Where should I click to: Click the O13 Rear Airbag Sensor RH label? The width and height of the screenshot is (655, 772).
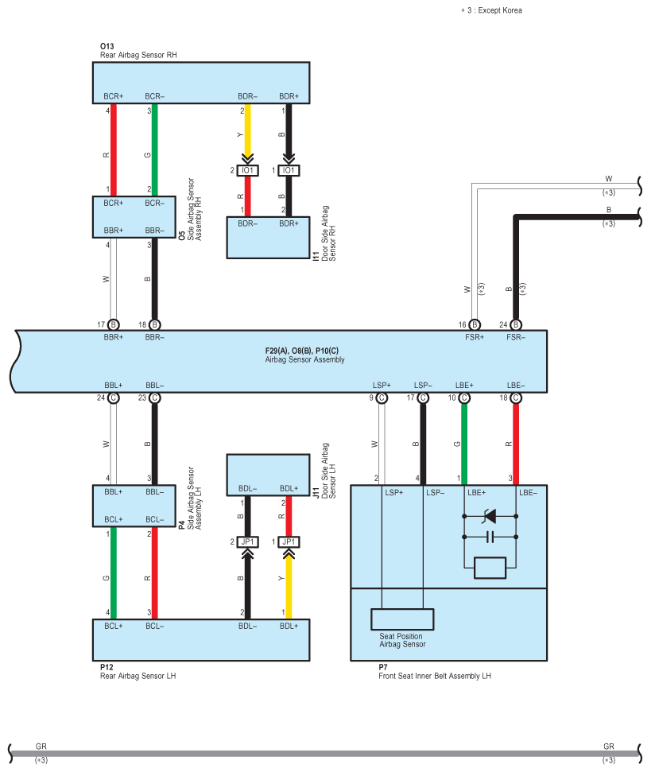138,51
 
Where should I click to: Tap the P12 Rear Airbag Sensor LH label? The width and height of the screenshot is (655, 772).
138,672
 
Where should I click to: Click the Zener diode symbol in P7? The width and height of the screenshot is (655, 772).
490,516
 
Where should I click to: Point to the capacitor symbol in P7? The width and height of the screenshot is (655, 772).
490,537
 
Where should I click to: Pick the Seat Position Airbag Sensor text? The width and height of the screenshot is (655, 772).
402,640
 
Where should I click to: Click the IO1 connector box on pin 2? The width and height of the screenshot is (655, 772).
247,170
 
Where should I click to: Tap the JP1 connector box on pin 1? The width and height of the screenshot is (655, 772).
289,541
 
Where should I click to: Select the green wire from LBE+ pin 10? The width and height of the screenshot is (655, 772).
464,444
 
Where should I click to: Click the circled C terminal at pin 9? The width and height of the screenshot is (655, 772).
382,398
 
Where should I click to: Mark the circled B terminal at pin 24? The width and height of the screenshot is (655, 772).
516,325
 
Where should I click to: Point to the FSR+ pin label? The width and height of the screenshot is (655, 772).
475,337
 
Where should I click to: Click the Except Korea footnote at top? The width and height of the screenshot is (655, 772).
491,10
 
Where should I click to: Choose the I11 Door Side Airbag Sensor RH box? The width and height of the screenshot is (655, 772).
268,238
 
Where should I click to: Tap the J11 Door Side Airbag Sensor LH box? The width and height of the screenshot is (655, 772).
268,475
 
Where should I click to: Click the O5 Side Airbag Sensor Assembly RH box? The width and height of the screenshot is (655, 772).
134,216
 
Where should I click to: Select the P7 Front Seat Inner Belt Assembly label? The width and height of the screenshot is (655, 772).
435,672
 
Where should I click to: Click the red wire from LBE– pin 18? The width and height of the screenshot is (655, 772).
516,444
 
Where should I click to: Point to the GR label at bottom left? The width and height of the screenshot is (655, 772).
41,747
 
